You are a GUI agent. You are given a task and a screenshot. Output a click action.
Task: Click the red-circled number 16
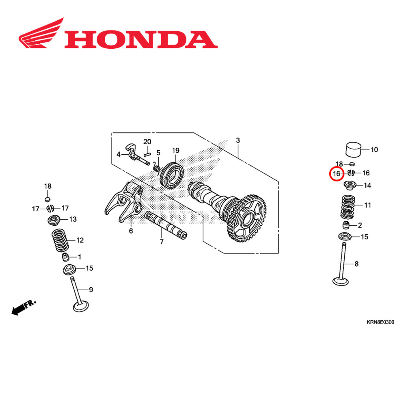[336, 174]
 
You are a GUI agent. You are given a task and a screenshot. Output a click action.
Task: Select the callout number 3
[238, 140]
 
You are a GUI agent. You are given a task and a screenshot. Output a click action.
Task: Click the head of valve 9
[80, 307]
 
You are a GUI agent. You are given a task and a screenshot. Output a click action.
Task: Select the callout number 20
[147, 142]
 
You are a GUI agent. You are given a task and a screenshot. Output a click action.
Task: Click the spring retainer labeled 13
[53, 221]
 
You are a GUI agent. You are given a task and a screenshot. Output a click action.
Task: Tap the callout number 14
[367, 186]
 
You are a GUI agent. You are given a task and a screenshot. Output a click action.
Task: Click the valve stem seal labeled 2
[346, 225]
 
